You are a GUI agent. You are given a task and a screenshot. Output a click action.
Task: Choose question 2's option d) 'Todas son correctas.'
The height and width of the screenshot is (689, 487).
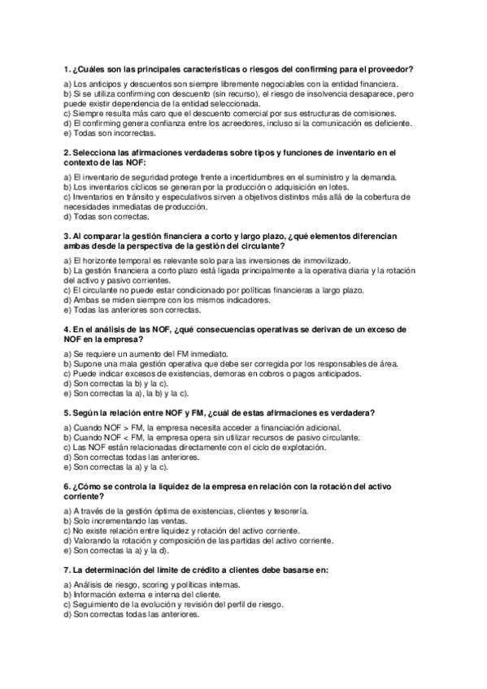[107, 216]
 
